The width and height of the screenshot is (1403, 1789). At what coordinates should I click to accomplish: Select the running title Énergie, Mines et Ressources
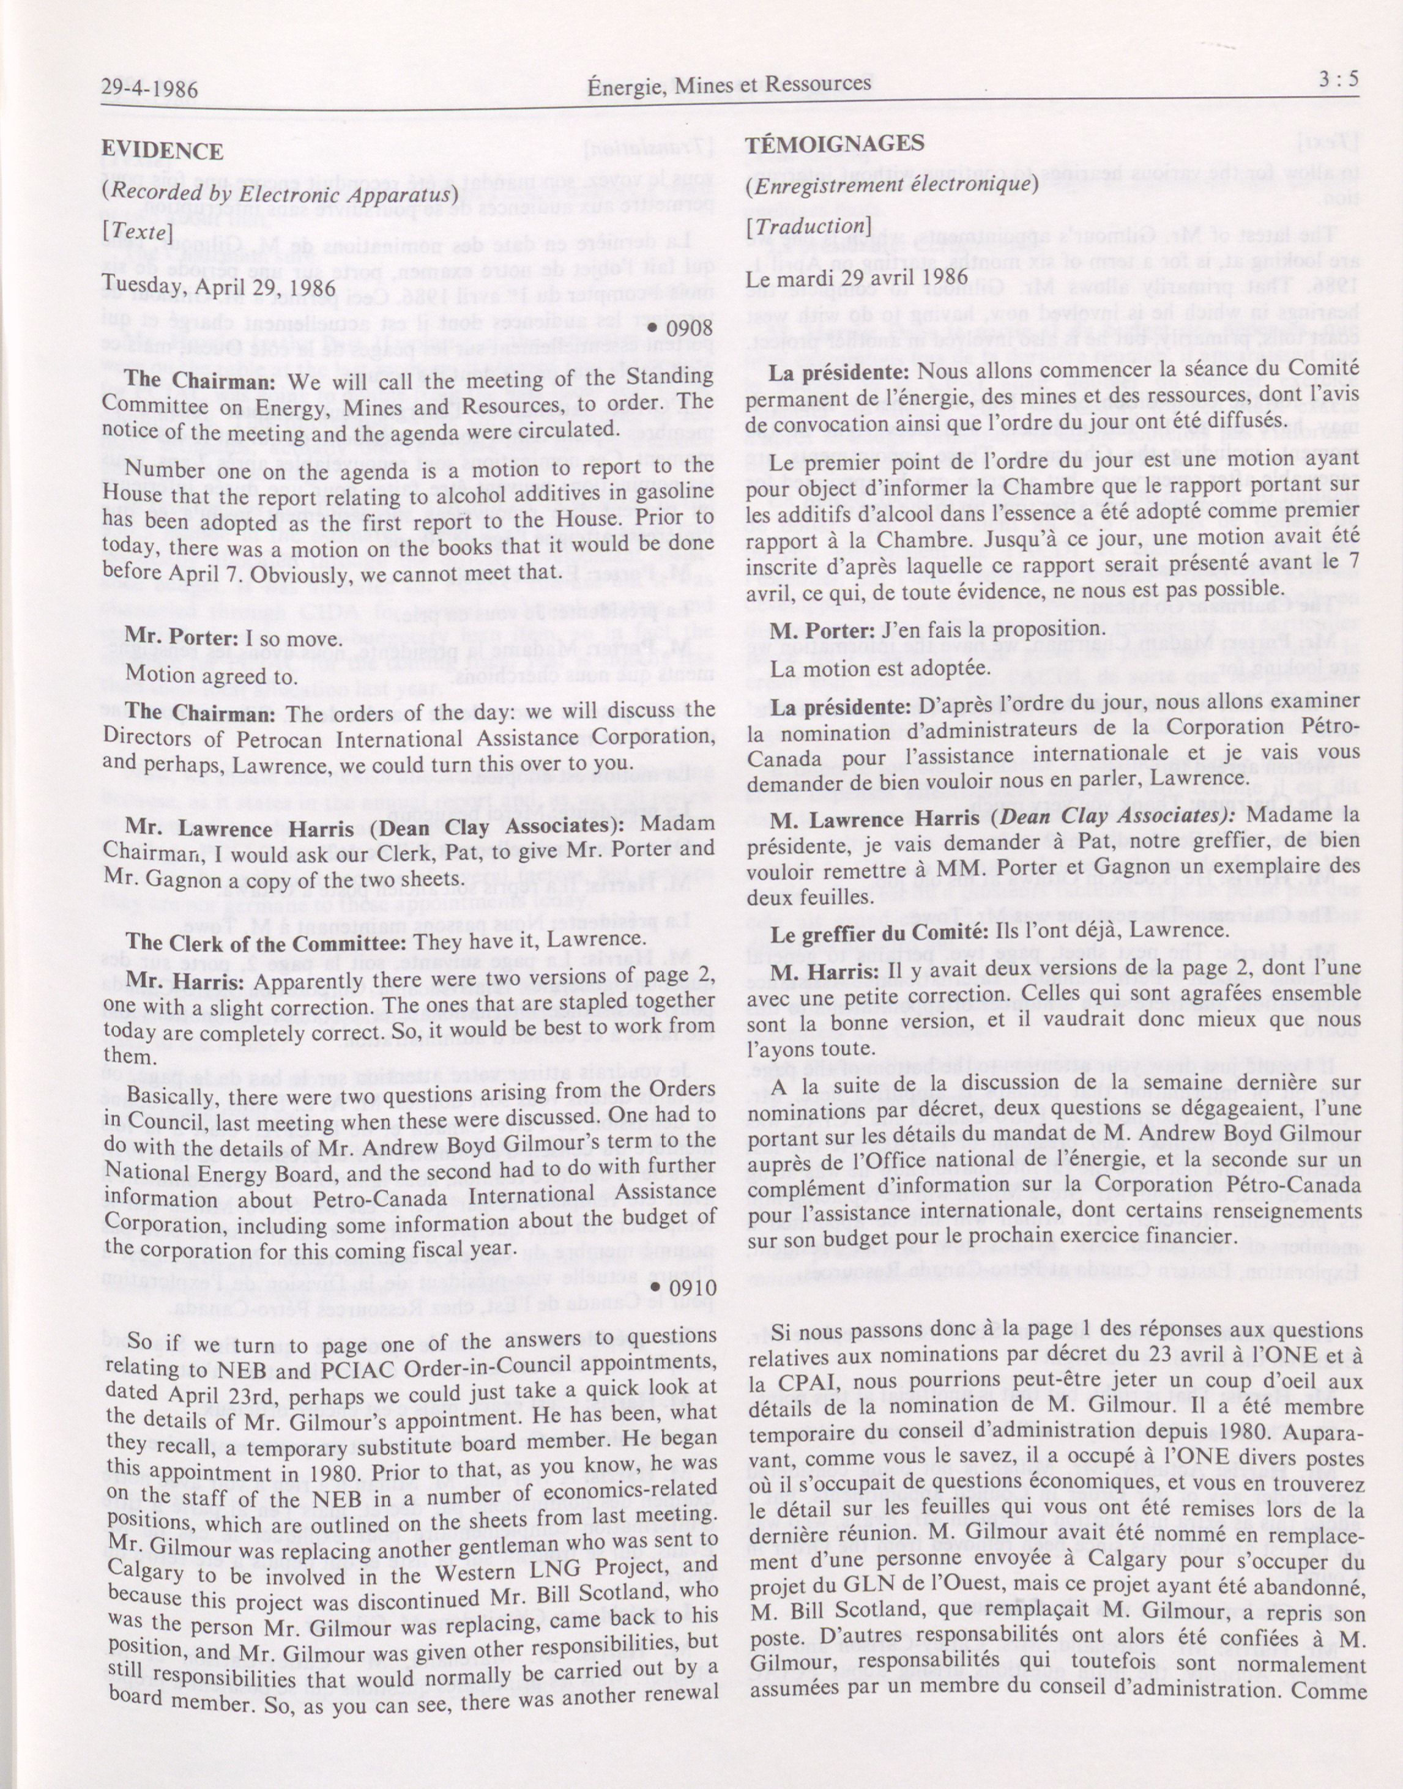pos(729,84)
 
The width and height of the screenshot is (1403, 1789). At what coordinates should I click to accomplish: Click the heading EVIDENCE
pos(163,151)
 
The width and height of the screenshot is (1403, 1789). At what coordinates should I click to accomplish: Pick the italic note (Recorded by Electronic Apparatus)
pos(278,195)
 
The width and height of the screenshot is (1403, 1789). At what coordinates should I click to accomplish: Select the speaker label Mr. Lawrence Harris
pos(240,828)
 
